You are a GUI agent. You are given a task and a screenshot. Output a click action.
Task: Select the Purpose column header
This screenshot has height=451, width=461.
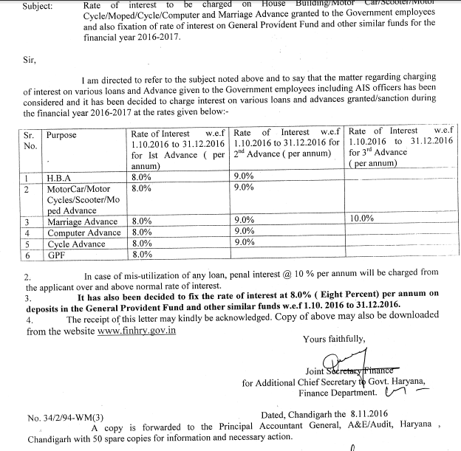(x=64, y=135)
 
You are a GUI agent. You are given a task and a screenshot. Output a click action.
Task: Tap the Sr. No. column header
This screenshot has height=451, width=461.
(x=30, y=140)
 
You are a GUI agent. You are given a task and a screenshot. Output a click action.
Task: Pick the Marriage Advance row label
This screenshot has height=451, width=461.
(x=82, y=221)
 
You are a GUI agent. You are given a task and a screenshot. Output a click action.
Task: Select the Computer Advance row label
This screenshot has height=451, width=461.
(x=83, y=233)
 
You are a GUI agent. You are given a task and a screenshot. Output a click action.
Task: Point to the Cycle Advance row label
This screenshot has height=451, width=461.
(x=76, y=244)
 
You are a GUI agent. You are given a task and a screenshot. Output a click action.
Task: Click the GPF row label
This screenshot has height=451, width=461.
(x=57, y=254)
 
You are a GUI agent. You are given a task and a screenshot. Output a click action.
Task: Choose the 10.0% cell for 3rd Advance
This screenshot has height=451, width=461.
(x=364, y=219)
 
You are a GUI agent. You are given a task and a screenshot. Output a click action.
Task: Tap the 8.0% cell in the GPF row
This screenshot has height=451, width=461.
(x=142, y=254)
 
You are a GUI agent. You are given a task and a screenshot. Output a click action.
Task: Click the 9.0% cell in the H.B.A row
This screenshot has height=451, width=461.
(x=244, y=177)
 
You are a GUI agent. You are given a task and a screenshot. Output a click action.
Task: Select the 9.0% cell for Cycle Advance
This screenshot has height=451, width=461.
(x=244, y=242)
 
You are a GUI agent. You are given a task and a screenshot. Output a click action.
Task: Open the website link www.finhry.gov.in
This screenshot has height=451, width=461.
(x=137, y=331)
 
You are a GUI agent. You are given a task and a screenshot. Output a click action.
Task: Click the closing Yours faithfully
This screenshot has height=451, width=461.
(x=334, y=340)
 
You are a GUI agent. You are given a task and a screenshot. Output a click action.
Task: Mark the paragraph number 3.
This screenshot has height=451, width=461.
(x=28, y=297)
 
